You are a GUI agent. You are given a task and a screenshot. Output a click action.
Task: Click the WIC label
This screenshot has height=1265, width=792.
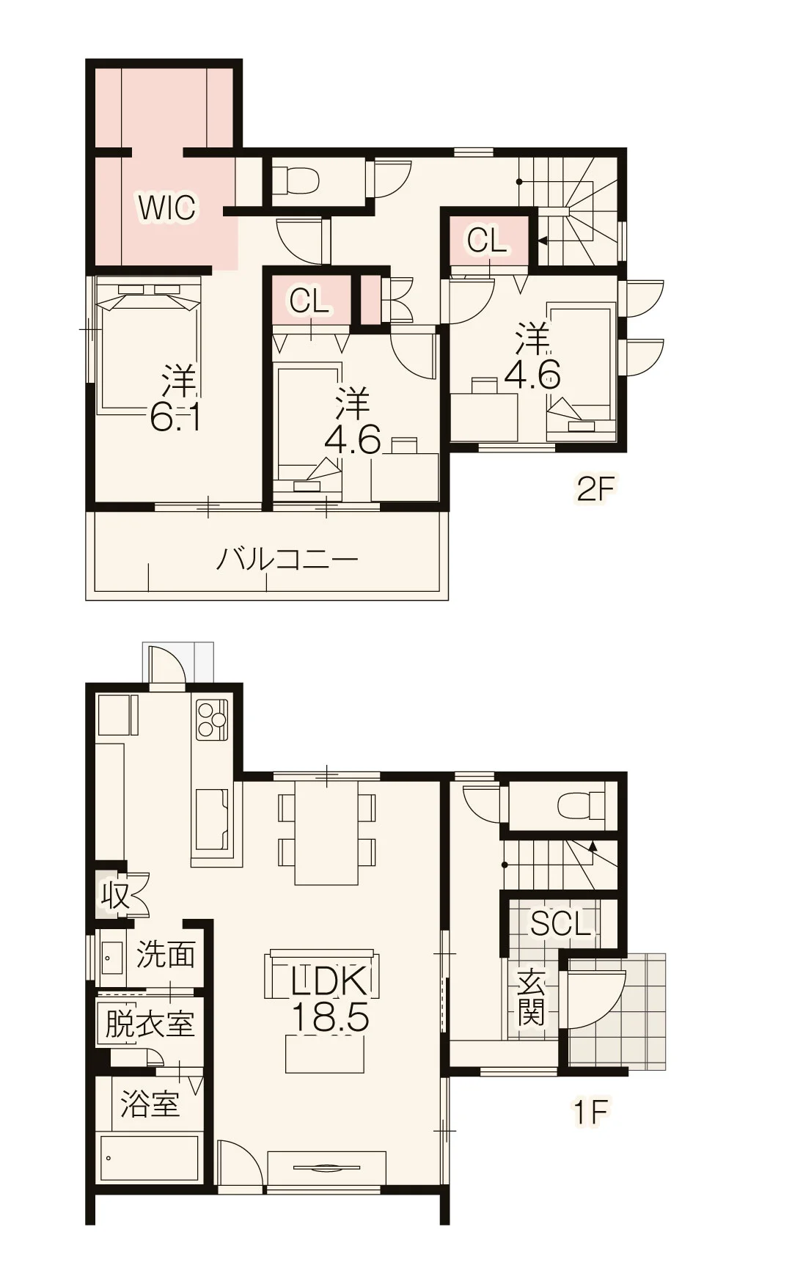point(167,208)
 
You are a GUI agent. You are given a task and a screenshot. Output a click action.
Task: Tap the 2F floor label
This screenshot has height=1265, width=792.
point(594,489)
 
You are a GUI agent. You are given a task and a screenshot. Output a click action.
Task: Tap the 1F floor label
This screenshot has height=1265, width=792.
point(590,1112)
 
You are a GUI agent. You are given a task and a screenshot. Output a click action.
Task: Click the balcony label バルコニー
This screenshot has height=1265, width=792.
point(287,560)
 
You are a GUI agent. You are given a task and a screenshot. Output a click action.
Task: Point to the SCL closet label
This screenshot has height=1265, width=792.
point(561,923)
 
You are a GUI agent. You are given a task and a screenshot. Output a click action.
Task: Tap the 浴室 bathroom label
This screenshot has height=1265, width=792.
point(150,1104)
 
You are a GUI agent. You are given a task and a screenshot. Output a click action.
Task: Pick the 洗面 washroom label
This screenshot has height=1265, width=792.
point(166,955)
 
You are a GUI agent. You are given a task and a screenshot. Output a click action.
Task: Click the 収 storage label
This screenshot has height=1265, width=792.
point(115,895)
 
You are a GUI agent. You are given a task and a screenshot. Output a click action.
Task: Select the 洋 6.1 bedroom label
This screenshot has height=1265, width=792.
point(176,399)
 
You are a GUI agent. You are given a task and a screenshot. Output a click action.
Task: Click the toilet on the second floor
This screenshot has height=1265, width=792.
point(296,179)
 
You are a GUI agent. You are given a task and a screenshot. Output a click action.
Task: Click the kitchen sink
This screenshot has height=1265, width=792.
point(212,819)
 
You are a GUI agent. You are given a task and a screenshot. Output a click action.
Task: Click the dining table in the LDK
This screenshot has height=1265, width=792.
point(327,832)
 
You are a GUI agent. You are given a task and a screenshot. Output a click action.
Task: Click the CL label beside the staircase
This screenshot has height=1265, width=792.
point(488,239)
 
